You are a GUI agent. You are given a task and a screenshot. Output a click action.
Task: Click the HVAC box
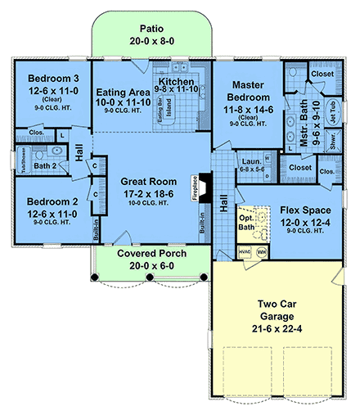(245, 252)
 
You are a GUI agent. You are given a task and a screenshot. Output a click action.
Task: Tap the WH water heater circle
(262, 252)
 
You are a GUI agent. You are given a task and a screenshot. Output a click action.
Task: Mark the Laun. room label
(250, 163)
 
